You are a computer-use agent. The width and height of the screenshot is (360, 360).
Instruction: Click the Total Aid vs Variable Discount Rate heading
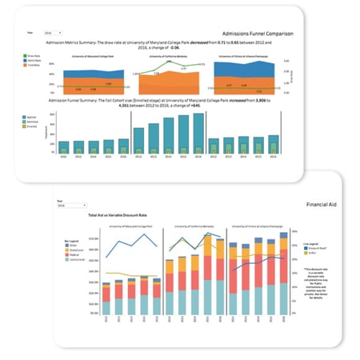[x=120, y=216]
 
